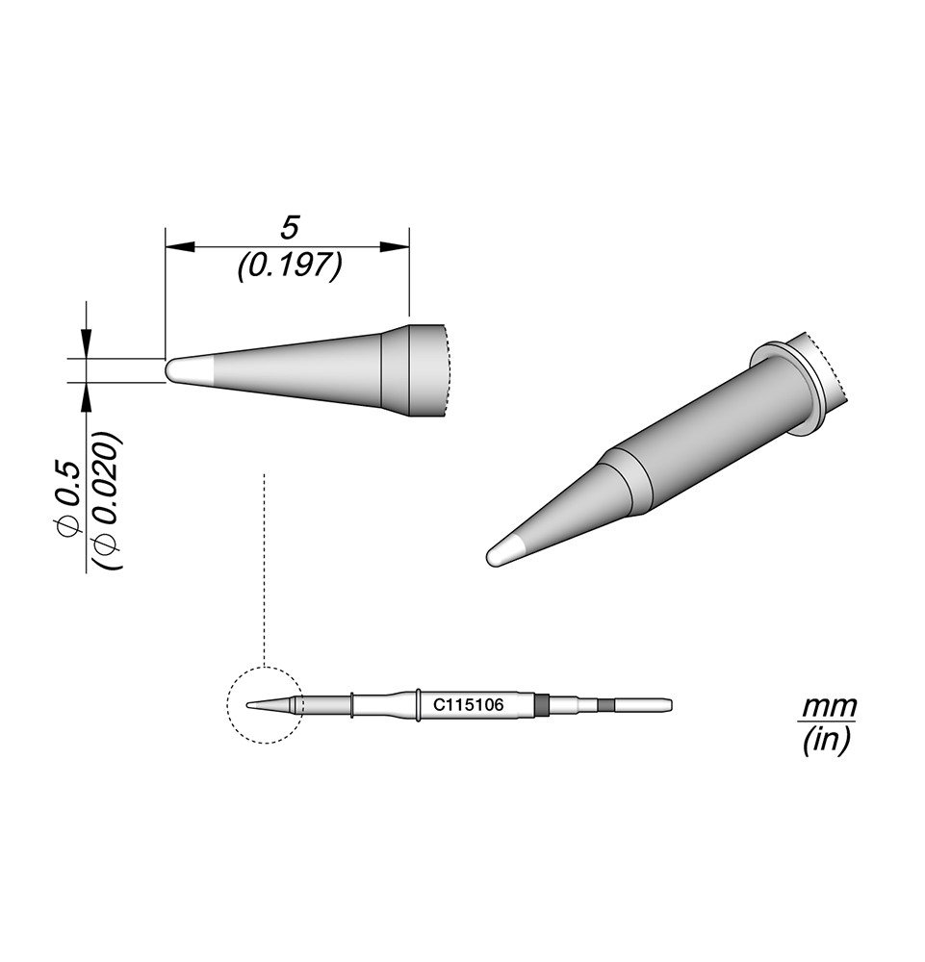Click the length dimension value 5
(x=289, y=228)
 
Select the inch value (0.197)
(x=289, y=266)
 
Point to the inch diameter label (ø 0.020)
(x=108, y=502)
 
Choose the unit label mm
(x=830, y=708)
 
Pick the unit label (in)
(x=826, y=742)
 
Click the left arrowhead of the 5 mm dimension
(x=179, y=246)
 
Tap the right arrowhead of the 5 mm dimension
(x=395, y=246)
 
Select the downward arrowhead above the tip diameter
(x=87, y=343)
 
